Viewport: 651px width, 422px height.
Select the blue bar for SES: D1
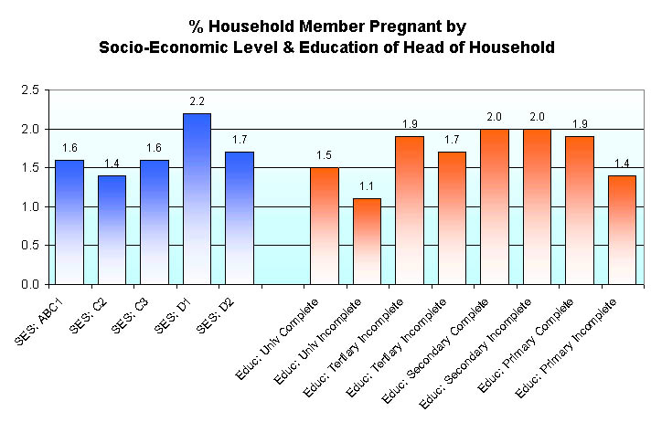point(197,198)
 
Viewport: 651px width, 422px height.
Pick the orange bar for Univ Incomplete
point(367,241)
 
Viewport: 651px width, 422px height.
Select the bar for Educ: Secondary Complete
point(494,206)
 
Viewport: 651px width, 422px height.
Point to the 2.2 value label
point(197,101)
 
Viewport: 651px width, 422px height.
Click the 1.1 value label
point(367,186)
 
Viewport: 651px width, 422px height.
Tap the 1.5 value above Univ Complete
point(324,155)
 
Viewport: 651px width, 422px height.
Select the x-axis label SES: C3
point(133,315)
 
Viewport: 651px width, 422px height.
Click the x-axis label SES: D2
point(218,315)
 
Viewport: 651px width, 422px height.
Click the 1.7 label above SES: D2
point(239,140)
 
